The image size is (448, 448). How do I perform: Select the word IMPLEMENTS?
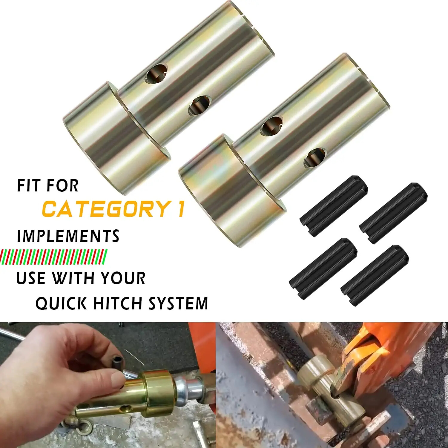[x=68, y=236]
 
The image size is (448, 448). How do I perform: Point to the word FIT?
[x=28, y=186]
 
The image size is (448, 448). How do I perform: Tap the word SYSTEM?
[x=178, y=303]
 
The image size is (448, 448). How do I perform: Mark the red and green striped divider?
[x=54, y=257]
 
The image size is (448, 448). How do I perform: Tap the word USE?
[x=30, y=278]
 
